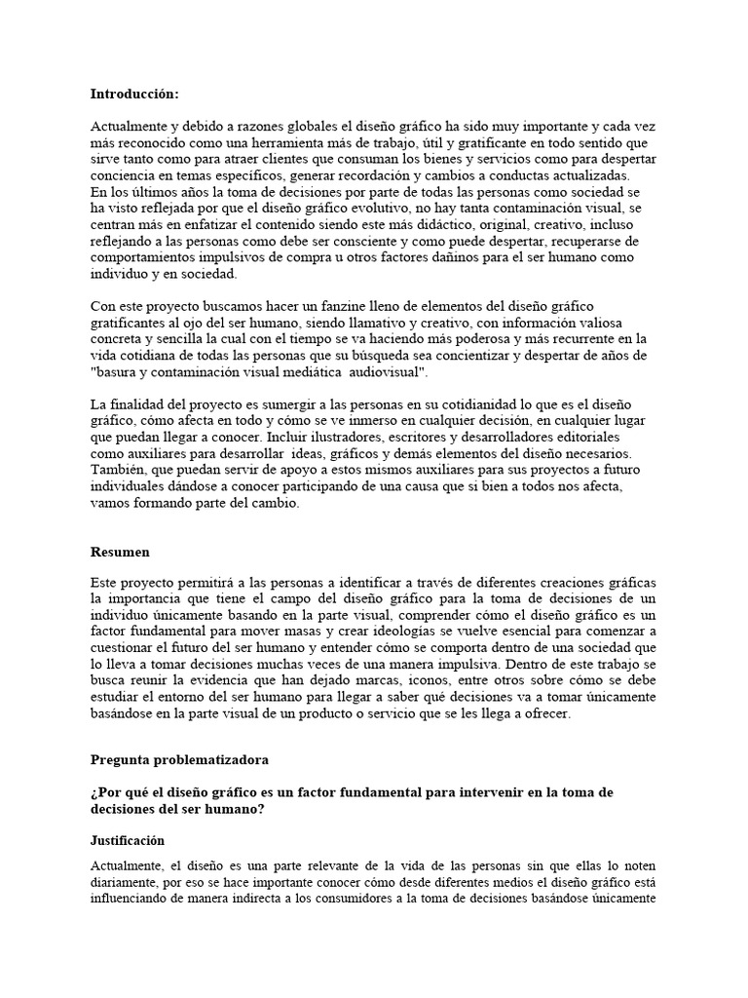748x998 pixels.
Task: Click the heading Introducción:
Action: tap(134, 95)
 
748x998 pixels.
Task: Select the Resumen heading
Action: tap(120, 552)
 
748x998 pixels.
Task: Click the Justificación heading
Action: tap(128, 840)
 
